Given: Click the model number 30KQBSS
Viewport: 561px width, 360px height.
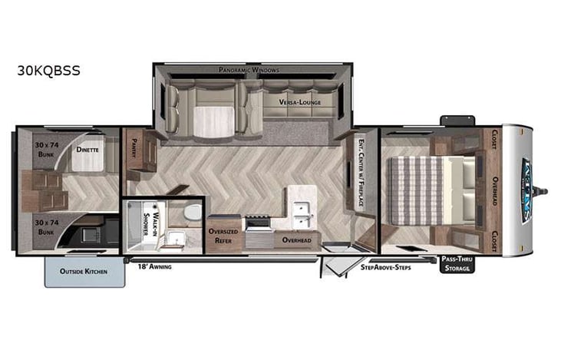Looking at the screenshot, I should [48, 71].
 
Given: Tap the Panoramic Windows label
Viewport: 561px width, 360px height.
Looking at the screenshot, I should [249, 70].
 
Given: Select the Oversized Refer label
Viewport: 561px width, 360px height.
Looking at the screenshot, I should [224, 236].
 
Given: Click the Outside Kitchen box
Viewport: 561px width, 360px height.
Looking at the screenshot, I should [84, 272].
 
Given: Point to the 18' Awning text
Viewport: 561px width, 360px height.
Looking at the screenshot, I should [153, 266].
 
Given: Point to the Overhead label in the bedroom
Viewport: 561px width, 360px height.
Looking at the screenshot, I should [496, 190].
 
